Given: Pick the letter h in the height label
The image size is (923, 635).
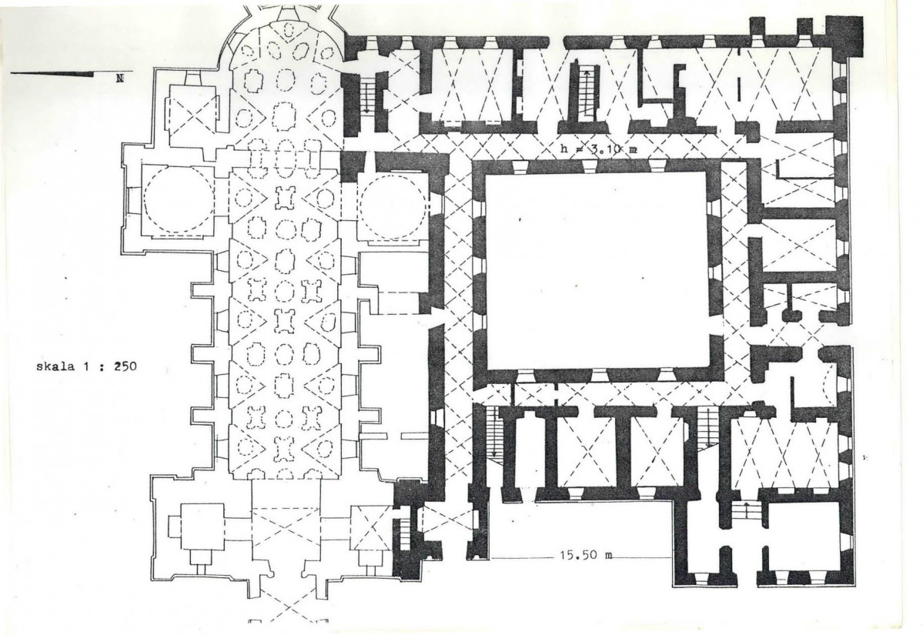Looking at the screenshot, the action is [x=565, y=149].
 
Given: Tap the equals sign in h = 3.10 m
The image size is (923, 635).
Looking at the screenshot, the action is [x=577, y=150].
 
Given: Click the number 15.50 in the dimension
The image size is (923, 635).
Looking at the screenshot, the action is [x=576, y=555].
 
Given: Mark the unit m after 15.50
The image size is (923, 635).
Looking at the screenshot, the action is [x=608, y=556].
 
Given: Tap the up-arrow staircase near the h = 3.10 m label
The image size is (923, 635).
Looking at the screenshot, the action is [x=587, y=92].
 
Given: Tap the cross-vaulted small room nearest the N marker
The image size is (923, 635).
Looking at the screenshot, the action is [x=192, y=122].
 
